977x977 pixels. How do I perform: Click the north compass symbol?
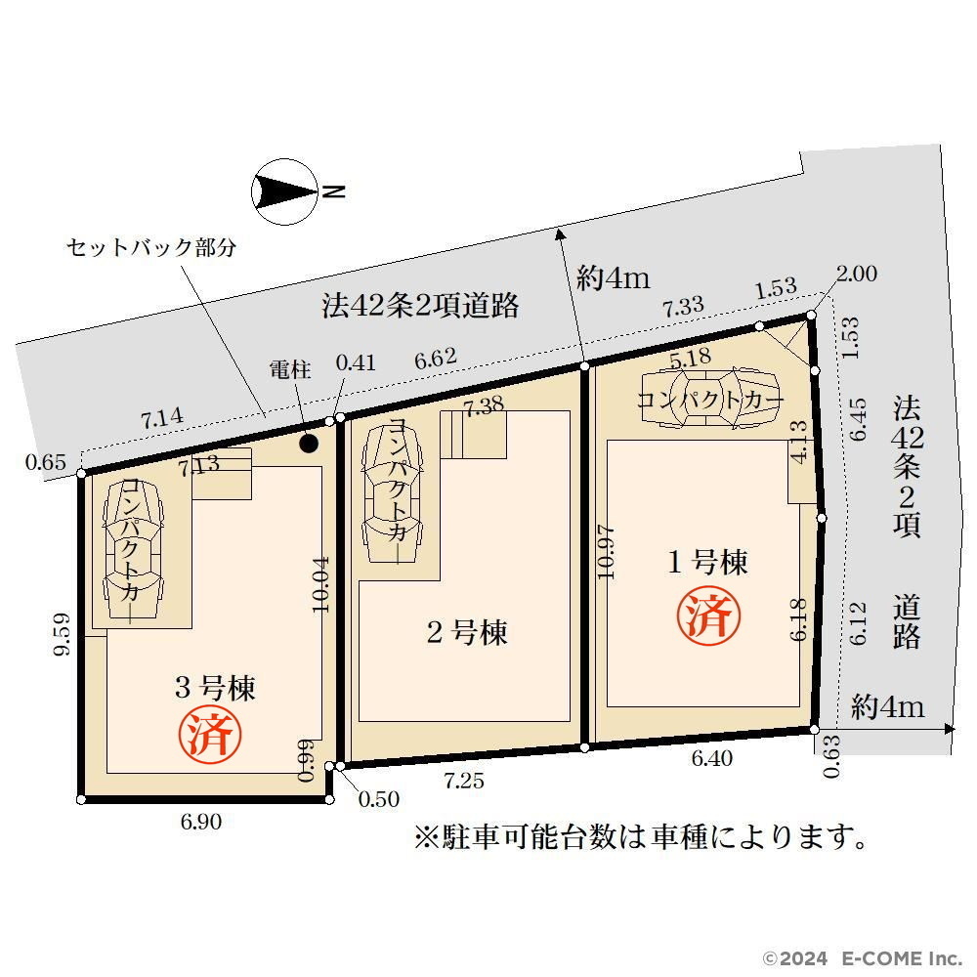coord(284,191)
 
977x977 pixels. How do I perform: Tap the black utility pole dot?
coord(309,444)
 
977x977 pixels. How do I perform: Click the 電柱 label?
coord(290,369)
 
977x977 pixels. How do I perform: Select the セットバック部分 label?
coord(151,247)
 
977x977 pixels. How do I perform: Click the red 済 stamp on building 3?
coord(210,734)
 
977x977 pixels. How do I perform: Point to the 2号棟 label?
coord(467,632)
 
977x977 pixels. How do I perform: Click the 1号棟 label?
coord(707,563)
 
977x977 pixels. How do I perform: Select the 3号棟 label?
coord(215,688)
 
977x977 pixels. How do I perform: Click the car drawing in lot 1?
coord(709,399)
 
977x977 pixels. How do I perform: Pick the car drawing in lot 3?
coord(134,548)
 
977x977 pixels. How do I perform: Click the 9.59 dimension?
coord(61,634)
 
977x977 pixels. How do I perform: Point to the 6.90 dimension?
coord(200,822)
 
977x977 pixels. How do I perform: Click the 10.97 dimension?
coord(607,553)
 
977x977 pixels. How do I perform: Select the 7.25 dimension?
coord(464,780)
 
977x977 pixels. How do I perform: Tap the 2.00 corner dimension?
coord(857,273)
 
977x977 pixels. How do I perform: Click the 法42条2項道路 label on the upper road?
coord(420,305)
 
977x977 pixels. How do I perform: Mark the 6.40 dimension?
coord(712,758)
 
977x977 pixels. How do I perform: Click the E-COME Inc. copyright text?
coord(864,958)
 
